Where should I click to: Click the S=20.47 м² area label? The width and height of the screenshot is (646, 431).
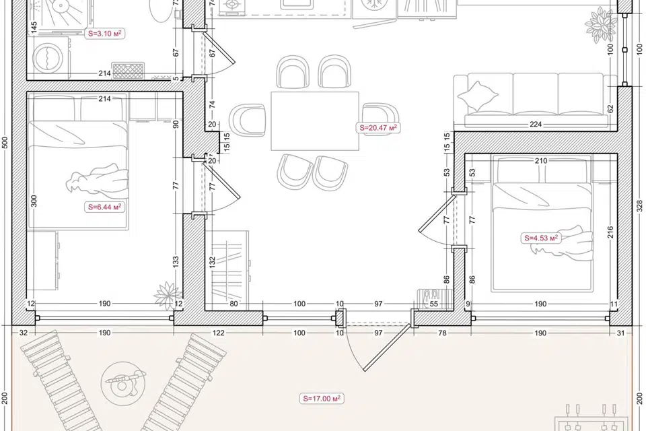coord(378,128)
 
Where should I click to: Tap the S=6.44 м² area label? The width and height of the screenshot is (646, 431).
coord(105,207)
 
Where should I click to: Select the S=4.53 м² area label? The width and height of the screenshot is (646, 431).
coord(541,238)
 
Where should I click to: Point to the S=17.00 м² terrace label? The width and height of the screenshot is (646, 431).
coord(322,399)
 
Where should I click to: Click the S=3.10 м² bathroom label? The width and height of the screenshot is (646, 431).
coord(105,34)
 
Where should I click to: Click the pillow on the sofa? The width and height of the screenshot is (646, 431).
coord(478,96)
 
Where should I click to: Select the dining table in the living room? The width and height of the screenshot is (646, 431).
coord(315,121)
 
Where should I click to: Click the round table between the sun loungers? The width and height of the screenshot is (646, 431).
coord(122,384)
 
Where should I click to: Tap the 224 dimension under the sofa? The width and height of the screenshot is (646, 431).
coord(536,124)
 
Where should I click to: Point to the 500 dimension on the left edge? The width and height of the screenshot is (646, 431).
coord(5,142)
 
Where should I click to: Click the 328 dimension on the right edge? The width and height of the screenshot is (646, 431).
coord(639,206)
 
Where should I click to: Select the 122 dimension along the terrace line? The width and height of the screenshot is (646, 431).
coord(218,333)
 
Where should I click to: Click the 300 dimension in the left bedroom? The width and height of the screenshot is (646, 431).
coord(34,201)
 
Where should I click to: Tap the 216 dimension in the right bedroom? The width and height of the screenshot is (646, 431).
coord(610,232)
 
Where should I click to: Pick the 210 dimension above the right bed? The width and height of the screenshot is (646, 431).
coord(541,161)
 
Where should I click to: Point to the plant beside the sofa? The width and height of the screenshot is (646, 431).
coord(602,26)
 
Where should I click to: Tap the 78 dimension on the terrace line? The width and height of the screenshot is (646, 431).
coord(442,333)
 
